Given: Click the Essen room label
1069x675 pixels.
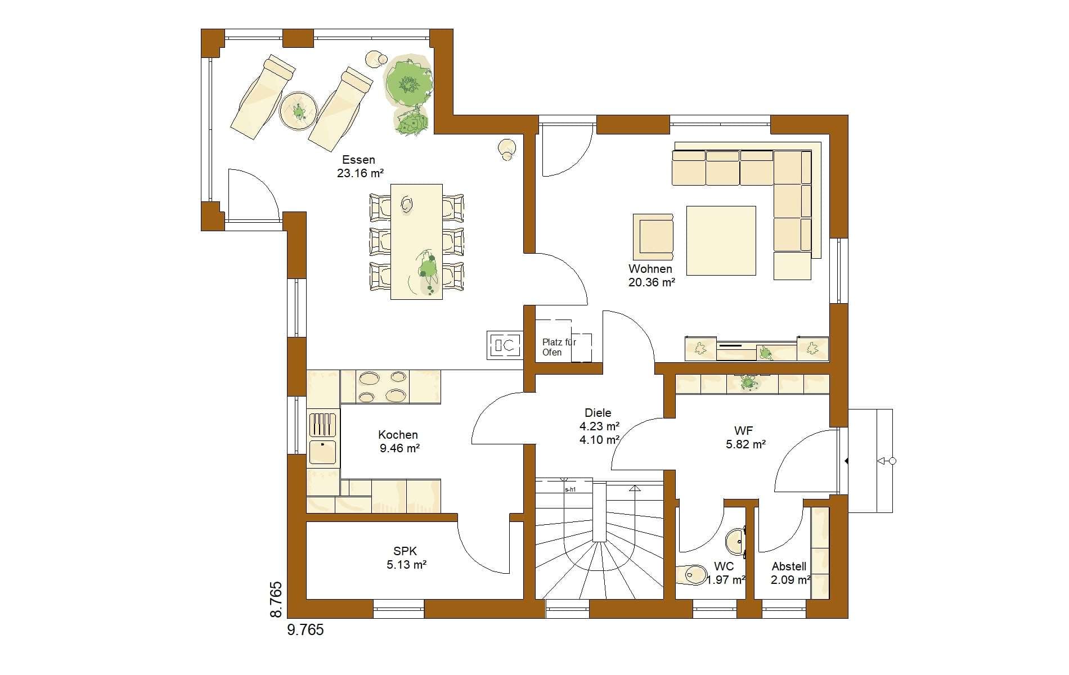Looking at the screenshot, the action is click(x=358, y=160).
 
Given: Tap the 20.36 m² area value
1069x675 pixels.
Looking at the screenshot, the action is click(x=652, y=282).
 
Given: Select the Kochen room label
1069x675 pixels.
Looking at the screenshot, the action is click(x=398, y=435).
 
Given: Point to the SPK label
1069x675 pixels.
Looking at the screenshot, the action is click(x=405, y=552).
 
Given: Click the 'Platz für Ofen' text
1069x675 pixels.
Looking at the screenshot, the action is click(x=559, y=347).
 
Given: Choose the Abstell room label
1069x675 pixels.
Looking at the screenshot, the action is click(x=789, y=566).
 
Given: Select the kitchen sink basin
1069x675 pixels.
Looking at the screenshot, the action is click(x=323, y=452).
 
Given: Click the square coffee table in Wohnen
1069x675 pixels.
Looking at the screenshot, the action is click(x=721, y=240).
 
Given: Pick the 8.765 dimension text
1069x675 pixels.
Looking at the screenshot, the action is click(x=276, y=600).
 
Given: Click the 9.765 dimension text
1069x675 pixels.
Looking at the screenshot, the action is click(x=306, y=629).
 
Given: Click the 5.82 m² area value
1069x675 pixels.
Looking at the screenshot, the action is click(x=745, y=444).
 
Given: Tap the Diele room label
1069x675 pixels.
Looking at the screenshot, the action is click(x=598, y=412).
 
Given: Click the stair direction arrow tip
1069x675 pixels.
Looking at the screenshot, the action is click(x=635, y=487).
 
